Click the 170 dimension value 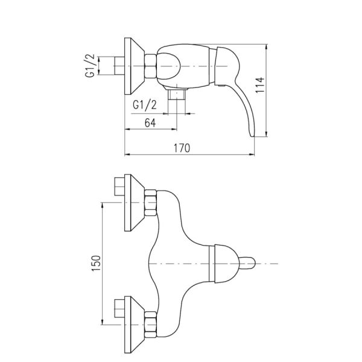[182, 148]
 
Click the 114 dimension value [259, 84]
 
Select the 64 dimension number [150, 122]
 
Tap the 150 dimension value [97, 263]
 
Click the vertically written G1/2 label [90, 66]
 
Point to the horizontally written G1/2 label [145, 105]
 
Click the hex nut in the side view [151, 66]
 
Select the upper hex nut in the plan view [151, 203]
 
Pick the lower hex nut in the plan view [151, 325]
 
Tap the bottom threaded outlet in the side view [177, 95]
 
